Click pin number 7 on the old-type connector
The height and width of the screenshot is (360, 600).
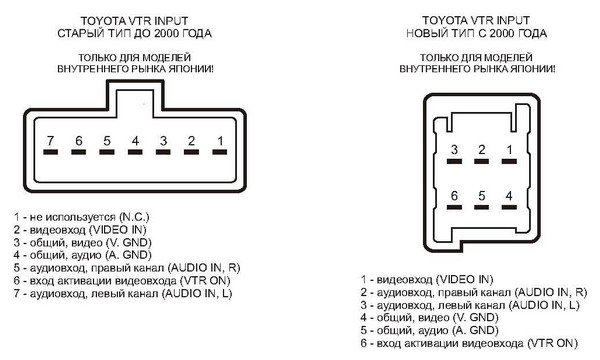[50, 141]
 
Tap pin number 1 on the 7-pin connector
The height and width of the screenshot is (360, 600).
[220, 141]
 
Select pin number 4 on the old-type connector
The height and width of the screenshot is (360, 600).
[135, 141]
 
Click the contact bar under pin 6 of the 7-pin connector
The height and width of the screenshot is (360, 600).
[78, 152]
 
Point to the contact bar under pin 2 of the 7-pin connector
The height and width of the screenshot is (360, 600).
[191, 152]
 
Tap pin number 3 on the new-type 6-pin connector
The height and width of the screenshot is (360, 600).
[454, 150]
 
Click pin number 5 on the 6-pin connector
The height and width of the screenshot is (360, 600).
[481, 196]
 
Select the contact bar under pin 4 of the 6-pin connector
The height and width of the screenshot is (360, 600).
[509, 207]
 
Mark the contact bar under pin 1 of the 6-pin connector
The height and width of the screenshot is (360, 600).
[509, 161]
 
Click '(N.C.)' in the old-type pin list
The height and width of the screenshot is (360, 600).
[134, 217]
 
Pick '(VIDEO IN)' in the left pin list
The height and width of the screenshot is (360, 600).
[117, 230]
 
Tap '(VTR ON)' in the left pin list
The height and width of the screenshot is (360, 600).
[205, 280]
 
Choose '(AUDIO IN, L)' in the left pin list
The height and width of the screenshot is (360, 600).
[197, 293]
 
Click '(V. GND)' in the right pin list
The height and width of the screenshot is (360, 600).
[475, 317]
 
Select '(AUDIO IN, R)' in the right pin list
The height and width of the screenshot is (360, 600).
[551, 292]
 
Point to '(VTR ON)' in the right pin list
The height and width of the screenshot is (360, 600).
[552, 343]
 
